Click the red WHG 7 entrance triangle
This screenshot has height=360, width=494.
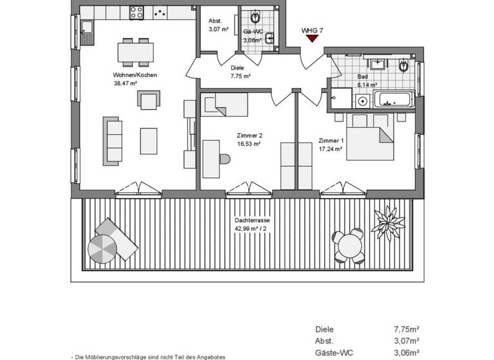[312, 39]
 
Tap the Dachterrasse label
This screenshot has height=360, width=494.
[252, 221]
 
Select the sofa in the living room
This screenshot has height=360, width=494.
[112, 140]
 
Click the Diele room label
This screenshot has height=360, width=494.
[237, 67]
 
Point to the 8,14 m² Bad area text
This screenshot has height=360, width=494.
[367, 84]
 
